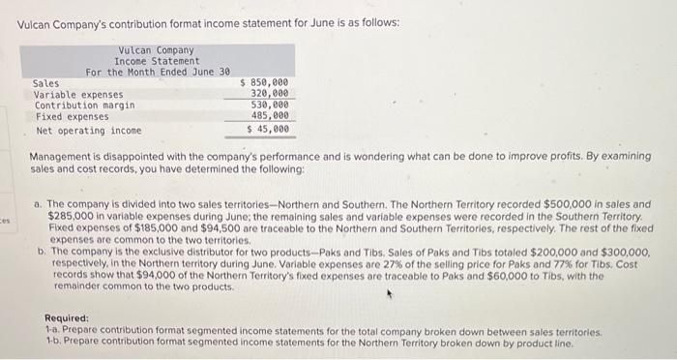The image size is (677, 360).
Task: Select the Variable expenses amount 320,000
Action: click(x=269, y=94)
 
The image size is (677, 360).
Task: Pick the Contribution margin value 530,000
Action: click(x=269, y=105)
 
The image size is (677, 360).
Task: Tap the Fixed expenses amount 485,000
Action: click(x=269, y=116)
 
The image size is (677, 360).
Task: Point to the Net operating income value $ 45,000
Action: click(x=268, y=130)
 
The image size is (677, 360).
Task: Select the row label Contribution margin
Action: click(x=84, y=105)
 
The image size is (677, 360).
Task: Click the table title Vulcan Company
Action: click(x=156, y=50)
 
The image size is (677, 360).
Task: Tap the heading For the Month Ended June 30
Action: click(x=157, y=73)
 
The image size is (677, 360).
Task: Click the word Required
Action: click(x=67, y=318)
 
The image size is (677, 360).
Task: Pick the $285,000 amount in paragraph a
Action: click(x=69, y=216)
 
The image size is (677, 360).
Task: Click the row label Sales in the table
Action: click(x=45, y=83)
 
